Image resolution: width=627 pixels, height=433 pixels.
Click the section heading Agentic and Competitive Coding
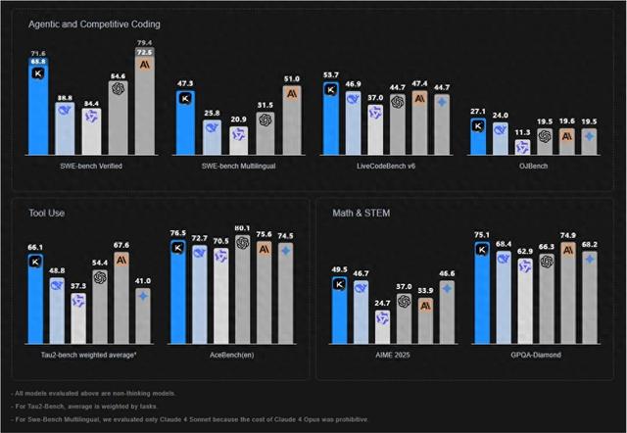click(x=95, y=24)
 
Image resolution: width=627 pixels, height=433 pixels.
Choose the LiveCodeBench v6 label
click(x=385, y=167)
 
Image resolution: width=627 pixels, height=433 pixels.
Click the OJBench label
click(x=534, y=167)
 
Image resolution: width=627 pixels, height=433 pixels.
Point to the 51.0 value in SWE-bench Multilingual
click(x=291, y=78)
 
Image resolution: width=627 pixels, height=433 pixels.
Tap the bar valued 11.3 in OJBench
click(x=523, y=146)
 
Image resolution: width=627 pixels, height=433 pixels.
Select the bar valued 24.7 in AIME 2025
click(x=383, y=329)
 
